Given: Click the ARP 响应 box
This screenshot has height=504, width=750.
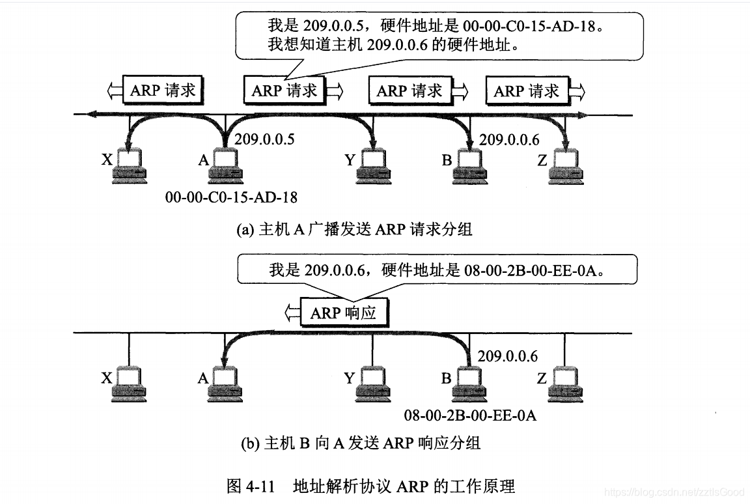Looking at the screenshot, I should pyautogui.click(x=343, y=313).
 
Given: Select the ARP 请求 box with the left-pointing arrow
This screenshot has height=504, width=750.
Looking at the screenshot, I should pyautogui.click(x=163, y=91).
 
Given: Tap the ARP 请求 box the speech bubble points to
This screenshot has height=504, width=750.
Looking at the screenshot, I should pyautogui.click(x=285, y=91).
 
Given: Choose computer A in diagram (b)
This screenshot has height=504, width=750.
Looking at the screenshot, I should pyautogui.click(x=225, y=384).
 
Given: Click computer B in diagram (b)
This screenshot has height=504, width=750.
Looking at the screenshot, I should pyautogui.click(x=469, y=384).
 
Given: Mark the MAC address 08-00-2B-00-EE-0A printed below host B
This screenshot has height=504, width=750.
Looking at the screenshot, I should pyautogui.click(x=470, y=415).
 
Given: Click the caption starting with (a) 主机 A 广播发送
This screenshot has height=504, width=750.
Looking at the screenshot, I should pyautogui.click(x=354, y=229).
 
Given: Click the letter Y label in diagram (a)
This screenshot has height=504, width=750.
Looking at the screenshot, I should pyautogui.click(x=350, y=160).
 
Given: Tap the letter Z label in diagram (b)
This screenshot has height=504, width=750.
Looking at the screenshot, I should pyautogui.click(x=542, y=378).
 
